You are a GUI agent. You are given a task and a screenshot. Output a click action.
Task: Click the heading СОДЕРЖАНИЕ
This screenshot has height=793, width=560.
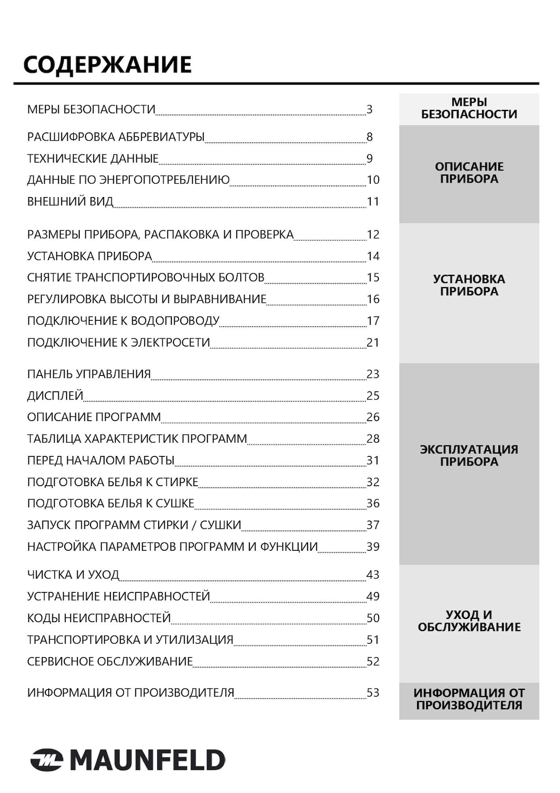click(107, 65)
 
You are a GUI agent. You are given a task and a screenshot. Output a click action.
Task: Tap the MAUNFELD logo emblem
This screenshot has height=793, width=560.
click(47, 760)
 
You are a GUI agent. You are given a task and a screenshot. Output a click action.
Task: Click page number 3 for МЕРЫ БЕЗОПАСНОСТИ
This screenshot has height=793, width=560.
click(370, 109)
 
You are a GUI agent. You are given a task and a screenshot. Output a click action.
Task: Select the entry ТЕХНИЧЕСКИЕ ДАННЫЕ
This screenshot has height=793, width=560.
click(93, 159)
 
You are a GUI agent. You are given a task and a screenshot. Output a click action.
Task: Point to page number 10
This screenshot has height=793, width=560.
click(373, 180)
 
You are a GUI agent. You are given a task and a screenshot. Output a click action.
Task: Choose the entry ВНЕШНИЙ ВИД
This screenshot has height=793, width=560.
click(70, 201)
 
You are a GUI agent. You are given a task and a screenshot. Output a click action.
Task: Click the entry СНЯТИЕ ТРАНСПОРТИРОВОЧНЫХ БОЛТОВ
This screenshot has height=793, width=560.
click(145, 278)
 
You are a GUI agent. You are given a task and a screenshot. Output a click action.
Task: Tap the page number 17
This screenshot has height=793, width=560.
click(373, 321)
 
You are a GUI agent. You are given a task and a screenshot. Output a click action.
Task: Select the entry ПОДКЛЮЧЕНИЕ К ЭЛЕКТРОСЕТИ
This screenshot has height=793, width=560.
click(118, 342)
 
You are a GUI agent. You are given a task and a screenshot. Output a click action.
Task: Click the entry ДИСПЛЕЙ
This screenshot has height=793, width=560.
click(55, 396)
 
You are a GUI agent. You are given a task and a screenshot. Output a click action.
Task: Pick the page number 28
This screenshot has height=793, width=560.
click(373, 439)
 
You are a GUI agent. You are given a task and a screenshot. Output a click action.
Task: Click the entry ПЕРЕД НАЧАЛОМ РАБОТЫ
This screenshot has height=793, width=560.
click(101, 460)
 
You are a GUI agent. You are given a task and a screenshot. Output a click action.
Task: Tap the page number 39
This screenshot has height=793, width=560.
click(373, 547)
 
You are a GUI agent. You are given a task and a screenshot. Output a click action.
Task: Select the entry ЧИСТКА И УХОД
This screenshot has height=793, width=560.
click(73, 575)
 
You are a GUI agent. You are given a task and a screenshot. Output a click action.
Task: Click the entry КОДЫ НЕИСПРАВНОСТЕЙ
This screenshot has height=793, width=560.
click(99, 618)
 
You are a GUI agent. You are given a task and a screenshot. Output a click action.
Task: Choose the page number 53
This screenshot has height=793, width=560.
click(373, 693)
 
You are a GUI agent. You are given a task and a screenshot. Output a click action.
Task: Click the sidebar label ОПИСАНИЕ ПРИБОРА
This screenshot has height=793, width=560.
click(469, 173)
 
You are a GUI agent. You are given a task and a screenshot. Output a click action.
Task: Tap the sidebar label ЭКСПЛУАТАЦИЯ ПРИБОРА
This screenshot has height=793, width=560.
click(469, 456)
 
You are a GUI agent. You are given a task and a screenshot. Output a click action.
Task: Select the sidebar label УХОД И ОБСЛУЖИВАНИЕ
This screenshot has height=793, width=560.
click(469, 621)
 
